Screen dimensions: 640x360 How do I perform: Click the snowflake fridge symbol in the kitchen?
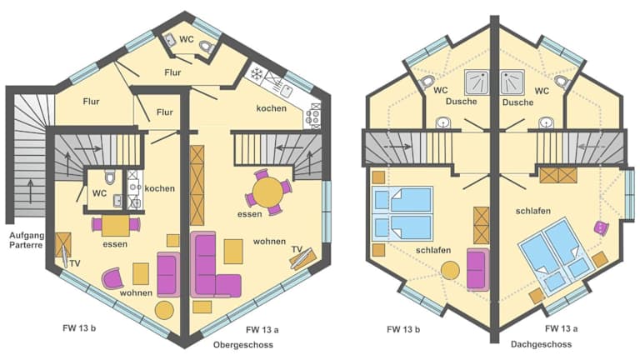coord(257,73)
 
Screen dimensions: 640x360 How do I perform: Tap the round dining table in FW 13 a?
coord(268,192)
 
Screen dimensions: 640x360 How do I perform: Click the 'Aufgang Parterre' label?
coord(26,240)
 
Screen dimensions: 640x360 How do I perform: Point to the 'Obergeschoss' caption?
coord(242,345)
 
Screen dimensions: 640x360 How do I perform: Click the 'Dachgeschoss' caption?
coord(541,344)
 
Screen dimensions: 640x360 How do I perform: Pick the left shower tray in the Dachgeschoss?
coord(477,82)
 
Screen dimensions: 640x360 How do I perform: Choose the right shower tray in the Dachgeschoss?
coord(512,82)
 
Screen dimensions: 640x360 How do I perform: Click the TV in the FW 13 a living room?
coord(302,258)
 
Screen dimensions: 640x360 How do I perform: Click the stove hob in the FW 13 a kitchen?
coord(313,116)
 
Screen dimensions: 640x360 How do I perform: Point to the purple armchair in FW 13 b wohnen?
coord(113,277)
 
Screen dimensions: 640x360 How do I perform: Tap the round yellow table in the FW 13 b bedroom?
coord(450,271)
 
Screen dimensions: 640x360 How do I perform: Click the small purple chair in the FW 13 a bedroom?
coord(601,227)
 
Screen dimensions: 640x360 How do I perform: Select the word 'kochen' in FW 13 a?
coord(272,108)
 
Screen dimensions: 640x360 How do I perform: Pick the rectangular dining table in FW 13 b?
coord(116,226)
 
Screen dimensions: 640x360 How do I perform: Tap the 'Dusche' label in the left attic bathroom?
coord(461,101)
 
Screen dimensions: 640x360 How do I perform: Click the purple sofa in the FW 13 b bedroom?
coord(478,270)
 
